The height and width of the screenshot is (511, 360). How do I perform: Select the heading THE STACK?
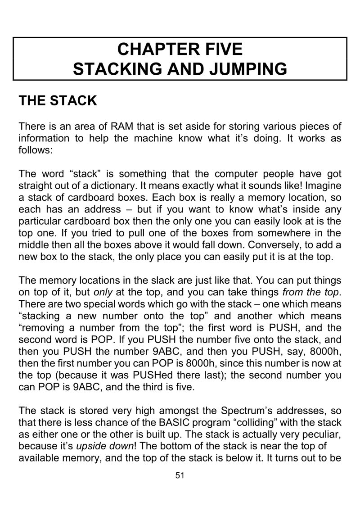click(x=58, y=100)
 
